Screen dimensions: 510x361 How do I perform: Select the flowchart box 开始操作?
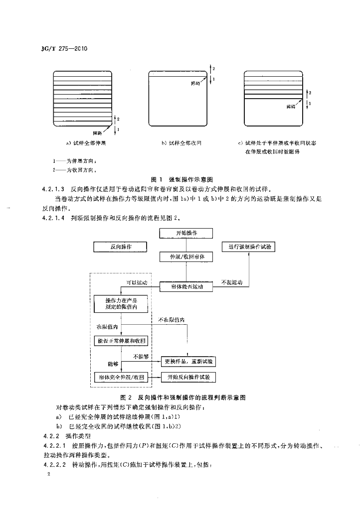(186, 233)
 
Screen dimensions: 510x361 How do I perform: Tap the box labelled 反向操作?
(119, 247)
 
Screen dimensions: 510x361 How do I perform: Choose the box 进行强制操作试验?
(249, 247)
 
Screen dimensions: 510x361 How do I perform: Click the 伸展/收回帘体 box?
(186, 257)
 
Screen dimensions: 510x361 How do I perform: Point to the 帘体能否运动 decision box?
(186, 286)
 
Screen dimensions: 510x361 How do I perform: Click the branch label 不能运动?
(231, 282)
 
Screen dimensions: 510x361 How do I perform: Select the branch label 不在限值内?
(171, 319)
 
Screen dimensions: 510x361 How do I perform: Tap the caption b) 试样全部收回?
(181, 143)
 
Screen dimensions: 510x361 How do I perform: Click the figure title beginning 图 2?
(184, 397)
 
